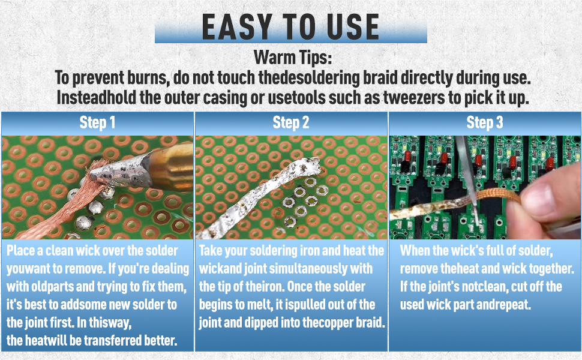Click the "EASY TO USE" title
click(x=290, y=27)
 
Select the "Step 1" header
click(x=97, y=123)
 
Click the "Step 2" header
click(x=291, y=123)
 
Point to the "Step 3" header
click(x=485, y=123)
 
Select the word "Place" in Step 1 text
click(x=24, y=251)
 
